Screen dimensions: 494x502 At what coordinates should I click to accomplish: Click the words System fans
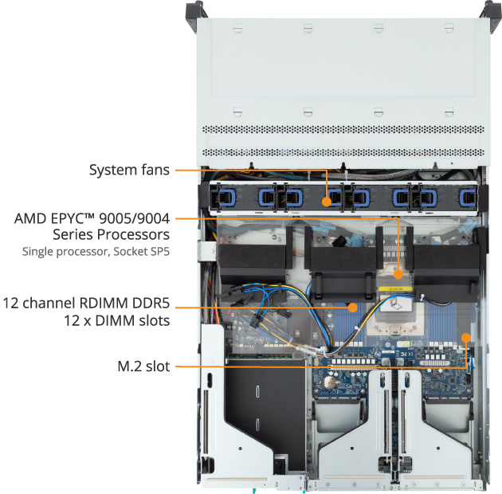(129, 170)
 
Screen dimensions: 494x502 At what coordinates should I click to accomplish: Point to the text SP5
(160, 252)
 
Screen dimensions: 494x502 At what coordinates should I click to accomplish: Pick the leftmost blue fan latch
(221, 196)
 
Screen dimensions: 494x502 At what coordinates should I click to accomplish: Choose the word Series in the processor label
(73, 235)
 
